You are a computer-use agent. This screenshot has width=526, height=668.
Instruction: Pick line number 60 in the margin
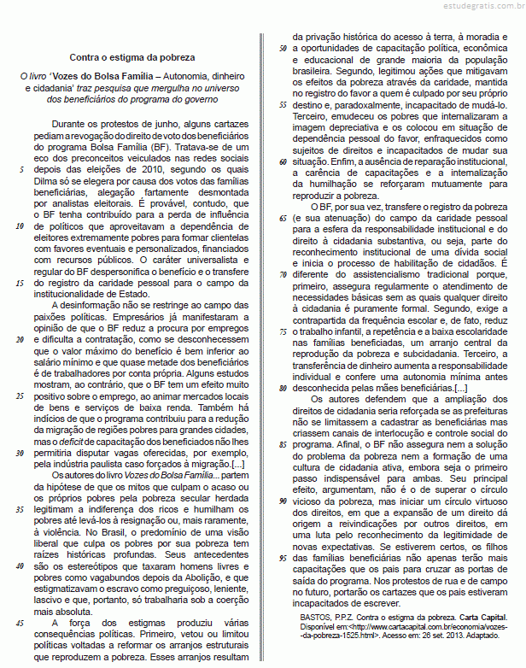click(x=282, y=161)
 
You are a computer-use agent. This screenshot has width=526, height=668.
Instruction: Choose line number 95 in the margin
click(x=282, y=557)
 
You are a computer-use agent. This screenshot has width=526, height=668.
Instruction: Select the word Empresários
click(x=122, y=316)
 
